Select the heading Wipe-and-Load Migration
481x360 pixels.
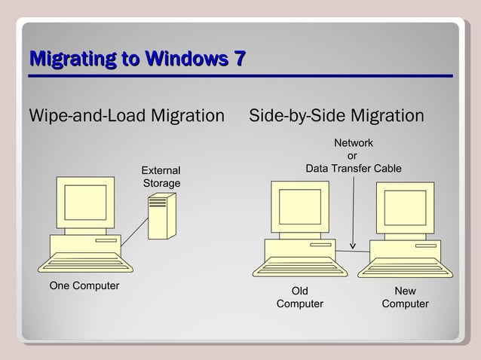[x=127, y=117]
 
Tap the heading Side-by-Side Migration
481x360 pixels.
[x=336, y=117]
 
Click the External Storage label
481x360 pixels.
[x=161, y=177]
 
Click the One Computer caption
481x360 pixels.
[x=84, y=285]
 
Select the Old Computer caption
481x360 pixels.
[x=299, y=297]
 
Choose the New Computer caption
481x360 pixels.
[x=405, y=297]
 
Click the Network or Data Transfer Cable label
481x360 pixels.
[x=353, y=156]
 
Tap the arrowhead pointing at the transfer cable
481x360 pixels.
[x=353, y=244]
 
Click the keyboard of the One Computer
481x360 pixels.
[x=85, y=264]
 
